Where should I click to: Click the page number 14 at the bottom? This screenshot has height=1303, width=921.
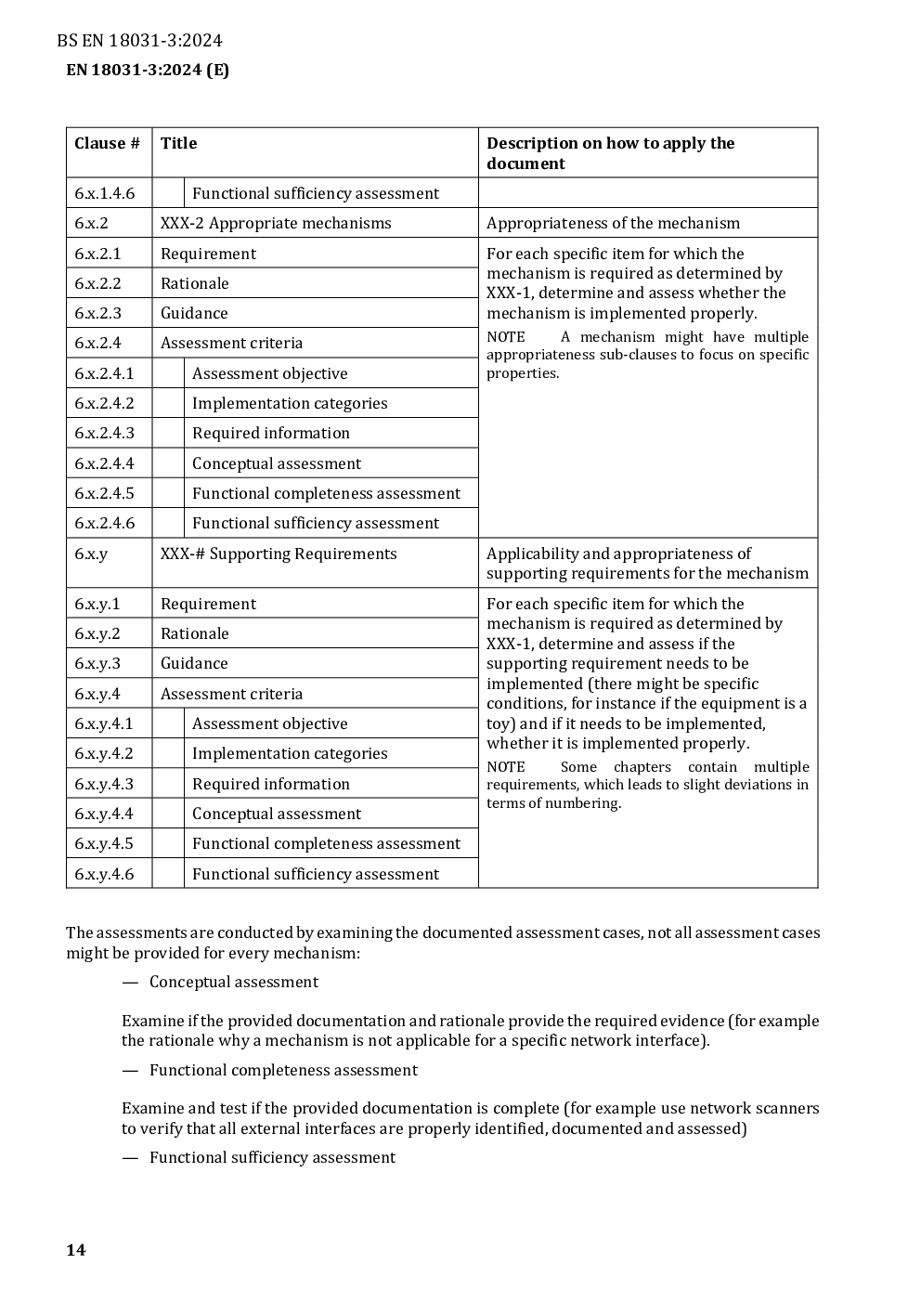tap(75, 1250)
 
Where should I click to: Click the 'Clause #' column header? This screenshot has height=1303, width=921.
tap(107, 143)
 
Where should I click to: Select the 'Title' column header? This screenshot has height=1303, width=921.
tap(178, 143)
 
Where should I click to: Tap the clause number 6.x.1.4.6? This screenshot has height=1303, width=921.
tap(104, 193)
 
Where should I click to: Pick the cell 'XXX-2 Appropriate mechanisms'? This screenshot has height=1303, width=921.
tap(276, 223)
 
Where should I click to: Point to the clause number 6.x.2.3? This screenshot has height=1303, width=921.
tap(97, 313)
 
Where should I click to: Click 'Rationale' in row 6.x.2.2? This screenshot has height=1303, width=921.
tap(194, 283)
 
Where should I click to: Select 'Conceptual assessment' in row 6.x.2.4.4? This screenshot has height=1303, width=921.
tap(276, 463)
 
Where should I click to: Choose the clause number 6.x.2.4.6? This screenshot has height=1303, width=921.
tap(104, 523)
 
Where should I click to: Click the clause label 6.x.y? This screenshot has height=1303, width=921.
tap(91, 554)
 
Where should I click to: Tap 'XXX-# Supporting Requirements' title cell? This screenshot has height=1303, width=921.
tap(278, 554)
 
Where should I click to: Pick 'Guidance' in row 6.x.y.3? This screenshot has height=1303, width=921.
tap(194, 663)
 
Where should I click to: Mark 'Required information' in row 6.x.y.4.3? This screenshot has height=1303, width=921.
tap(270, 784)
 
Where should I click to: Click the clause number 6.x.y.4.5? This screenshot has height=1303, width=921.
tap(104, 843)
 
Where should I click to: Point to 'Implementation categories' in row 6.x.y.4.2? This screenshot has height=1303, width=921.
tap(290, 753)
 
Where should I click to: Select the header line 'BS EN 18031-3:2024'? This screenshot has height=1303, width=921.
tap(139, 40)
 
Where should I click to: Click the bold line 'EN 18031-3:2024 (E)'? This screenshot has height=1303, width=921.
tap(148, 70)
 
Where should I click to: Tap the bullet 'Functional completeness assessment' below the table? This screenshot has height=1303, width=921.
tap(283, 1070)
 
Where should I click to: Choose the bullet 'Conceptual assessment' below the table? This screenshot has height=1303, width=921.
tap(233, 982)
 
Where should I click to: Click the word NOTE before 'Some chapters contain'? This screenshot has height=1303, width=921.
tap(505, 767)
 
